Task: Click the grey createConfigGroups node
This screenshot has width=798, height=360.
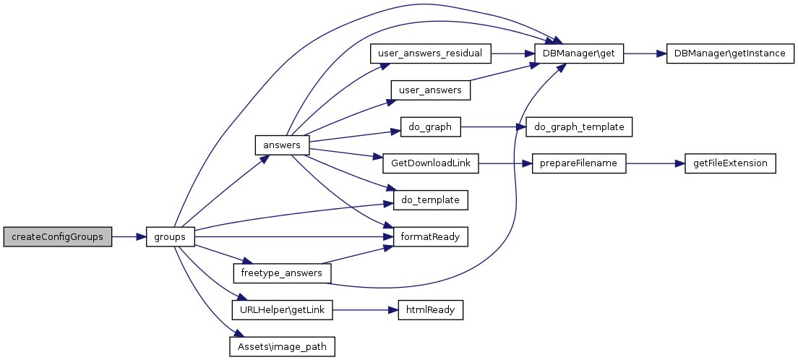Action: coord(58,237)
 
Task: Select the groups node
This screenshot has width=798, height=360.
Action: coord(169,237)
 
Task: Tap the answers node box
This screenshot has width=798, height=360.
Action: coord(282,145)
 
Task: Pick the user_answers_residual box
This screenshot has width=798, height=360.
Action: coord(431,53)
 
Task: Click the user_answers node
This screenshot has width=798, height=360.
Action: coord(431,90)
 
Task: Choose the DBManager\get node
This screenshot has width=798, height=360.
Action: coord(579,53)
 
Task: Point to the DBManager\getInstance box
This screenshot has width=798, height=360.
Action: coord(730,53)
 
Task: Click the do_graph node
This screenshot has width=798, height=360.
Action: coord(431,127)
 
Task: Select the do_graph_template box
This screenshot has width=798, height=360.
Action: coord(579,127)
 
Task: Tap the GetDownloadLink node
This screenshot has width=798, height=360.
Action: coord(431,163)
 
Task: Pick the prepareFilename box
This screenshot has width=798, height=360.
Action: coord(579,163)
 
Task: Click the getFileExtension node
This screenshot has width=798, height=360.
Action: coord(730,163)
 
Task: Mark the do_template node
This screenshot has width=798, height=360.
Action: coord(431,200)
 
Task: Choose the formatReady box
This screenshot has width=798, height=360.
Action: coord(431,237)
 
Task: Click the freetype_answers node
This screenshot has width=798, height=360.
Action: coord(282,273)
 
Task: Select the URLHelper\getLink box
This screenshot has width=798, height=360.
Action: coord(282,310)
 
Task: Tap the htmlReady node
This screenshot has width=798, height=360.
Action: coord(431,310)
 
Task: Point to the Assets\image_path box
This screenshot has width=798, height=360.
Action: coord(282,347)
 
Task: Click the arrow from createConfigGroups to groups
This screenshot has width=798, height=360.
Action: coord(129,237)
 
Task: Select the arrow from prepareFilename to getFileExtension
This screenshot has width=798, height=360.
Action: coord(656,163)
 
